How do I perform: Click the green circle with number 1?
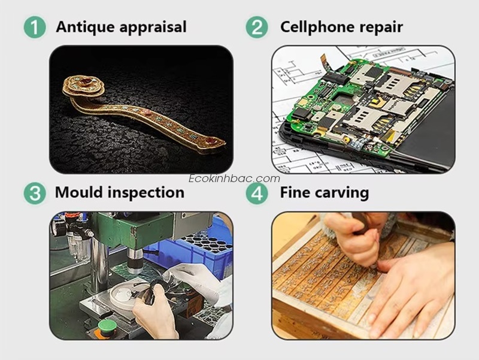pyautogui.click(x=35, y=27)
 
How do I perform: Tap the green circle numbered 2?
pyautogui.click(x=257, y=27)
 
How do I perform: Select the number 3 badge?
pyautogui.click(x=35, y=193)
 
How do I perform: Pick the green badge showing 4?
pyautogui.click(x=257, y=193)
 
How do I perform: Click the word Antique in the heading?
pyautogui.click(x=86, y=27)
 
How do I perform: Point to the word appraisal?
pyautogui.click(x=153, y=28)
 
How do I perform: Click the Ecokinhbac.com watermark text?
pyautogui.click(x=234, y=179)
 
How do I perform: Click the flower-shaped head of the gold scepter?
pyautogui.click(x=84, y=86)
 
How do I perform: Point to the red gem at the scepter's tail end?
pyautogui.click(x=210, y=141)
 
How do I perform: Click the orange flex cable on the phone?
pyautogui.click(x=325, y=62)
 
